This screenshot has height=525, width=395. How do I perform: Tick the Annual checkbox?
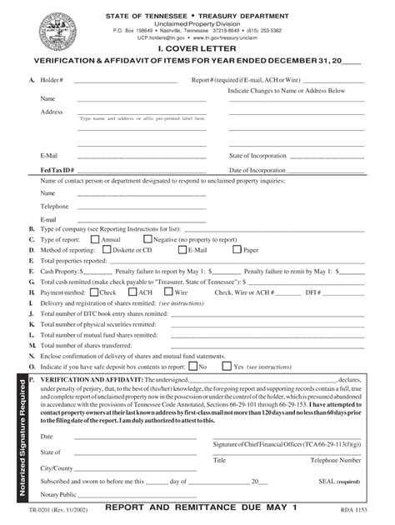[x=94, y=239]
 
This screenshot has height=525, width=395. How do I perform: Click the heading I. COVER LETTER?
[x=197, y=49]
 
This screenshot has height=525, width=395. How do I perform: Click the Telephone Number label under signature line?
[x=335, y=460]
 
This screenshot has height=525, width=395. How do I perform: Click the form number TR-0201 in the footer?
[x=36, y=509]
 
